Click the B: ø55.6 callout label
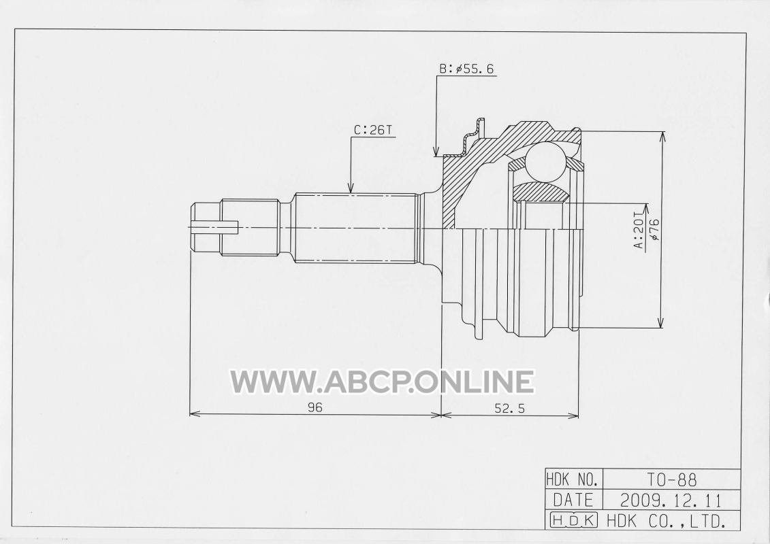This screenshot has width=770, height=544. (466, 69)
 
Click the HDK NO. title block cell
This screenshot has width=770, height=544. (573, 478)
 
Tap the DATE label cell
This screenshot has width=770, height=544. (573, 499)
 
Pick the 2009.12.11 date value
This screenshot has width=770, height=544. (671, 500)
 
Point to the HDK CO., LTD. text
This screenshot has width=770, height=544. (667, 520)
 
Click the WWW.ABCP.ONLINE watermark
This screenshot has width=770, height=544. (383, 381)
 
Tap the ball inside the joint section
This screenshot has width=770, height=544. (545, 162)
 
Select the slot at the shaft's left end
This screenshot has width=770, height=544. (214, 226)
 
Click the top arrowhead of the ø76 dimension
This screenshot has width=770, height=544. (662, 137)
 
